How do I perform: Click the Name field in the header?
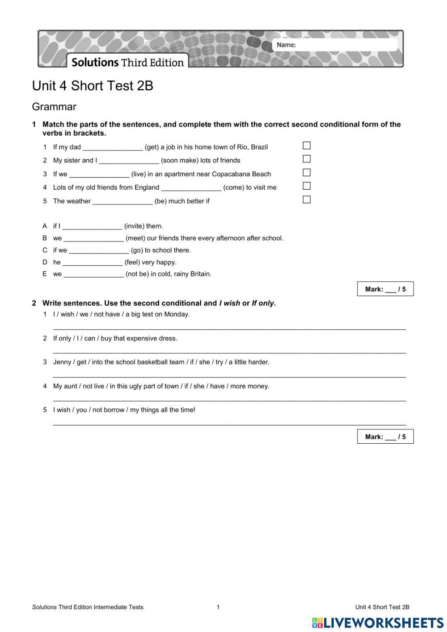344,45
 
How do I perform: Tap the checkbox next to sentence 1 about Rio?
307,145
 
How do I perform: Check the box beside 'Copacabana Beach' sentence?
307,173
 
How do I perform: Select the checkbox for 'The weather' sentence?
307,199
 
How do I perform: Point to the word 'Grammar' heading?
54,107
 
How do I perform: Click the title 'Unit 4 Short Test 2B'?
93,86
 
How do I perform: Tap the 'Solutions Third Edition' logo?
128,62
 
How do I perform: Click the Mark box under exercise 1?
385,289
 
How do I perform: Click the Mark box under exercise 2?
385,437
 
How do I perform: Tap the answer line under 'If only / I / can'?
229,352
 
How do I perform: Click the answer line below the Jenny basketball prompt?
229,376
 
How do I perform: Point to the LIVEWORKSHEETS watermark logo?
378,623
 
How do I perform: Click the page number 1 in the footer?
218,607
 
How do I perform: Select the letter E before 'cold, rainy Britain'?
45,274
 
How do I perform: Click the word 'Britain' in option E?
200,274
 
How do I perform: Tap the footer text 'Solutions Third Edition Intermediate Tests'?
88,607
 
